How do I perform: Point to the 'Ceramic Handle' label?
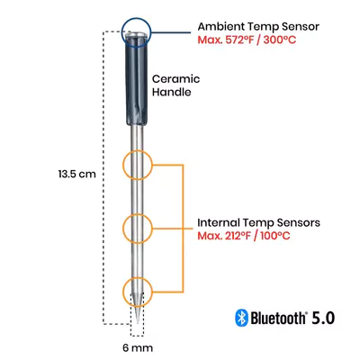[175, 85]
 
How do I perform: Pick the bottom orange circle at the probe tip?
[138, 292]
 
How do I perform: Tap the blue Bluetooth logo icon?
[240, 317]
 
